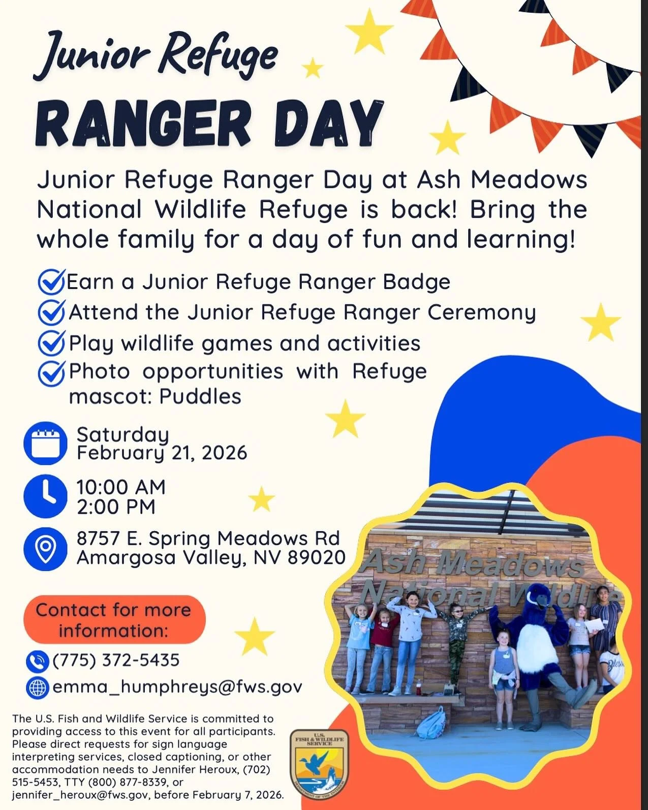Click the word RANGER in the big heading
click(x=143, y=123)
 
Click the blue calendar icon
click(x=45, y=444)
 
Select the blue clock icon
click(x=45, y=496)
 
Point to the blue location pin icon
click(x=45, y=548)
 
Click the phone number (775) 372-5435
click(x=116, y=660)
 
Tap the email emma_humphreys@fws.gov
click(x=177, y=687)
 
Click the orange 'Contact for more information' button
click(x=114, y=620)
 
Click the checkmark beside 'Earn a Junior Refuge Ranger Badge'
click(x=51, y=282)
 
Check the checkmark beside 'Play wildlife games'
click(x=51, y=343)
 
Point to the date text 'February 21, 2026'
click(x=162, y=452)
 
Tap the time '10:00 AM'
click(x=121, y=487)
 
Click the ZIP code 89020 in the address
click(x=317, y=557)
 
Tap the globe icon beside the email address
click(x=37, y=687)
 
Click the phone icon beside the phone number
click(x=37, y=661)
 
